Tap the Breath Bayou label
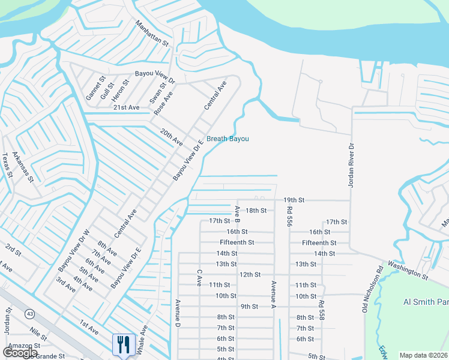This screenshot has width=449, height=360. [x=228, y=139]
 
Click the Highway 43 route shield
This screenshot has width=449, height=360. [x=29, y=313]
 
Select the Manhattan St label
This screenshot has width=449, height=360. [x=152, y=34]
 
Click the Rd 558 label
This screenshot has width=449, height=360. [x=322, y=310]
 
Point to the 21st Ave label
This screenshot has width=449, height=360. [x=126, y=107]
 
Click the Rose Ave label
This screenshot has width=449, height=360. [x=163, y=103]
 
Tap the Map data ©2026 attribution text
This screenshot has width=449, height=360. [x=423, y=355]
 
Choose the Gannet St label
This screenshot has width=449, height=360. [x=94, y=88]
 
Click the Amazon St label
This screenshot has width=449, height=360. [x=23, y=346]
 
